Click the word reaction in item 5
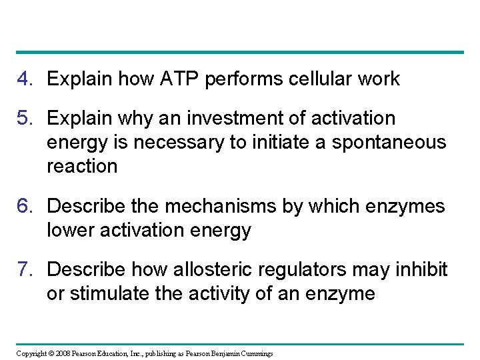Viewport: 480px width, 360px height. click(81, 167)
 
